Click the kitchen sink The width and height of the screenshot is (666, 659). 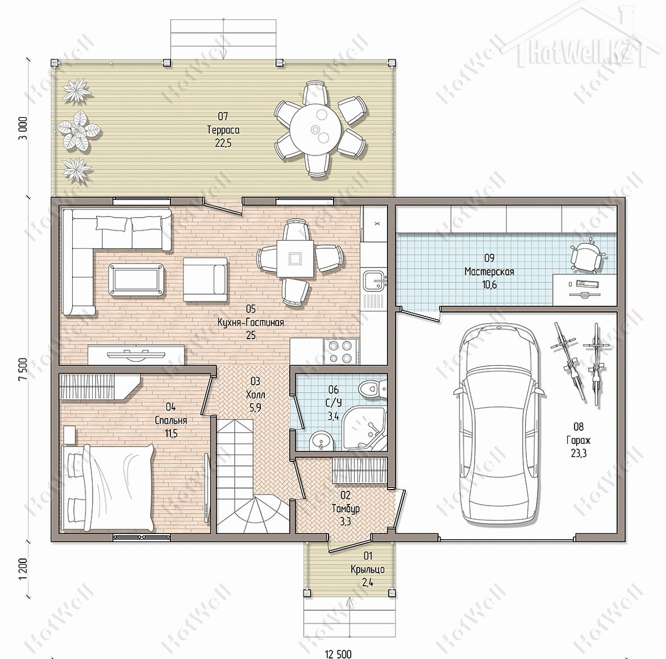pos(376,282)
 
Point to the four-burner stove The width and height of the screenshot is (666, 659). pos(340,351)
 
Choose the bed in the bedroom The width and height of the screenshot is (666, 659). pos(108,487)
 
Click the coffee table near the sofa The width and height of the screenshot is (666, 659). pos(136,278)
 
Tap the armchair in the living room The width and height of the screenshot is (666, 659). pos(205,280)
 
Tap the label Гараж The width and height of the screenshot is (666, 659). pos(578,440)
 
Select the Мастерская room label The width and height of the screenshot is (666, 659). pos(489,272)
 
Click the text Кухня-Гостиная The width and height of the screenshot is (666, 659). pos(251,322)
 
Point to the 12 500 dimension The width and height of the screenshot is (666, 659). pos(339,654)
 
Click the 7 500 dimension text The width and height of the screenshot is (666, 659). pos(23,369)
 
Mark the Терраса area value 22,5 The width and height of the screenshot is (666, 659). pos(223,143)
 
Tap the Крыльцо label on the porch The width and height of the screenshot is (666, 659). pos(368,569)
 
